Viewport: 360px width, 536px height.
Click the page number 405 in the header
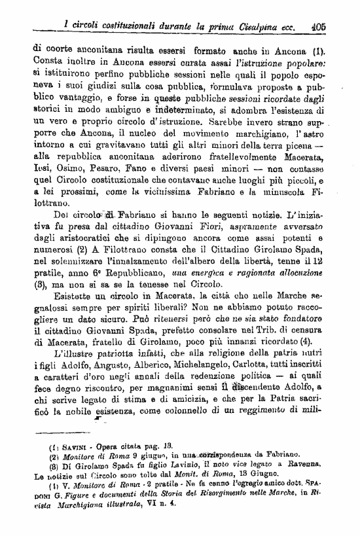(319, 29)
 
